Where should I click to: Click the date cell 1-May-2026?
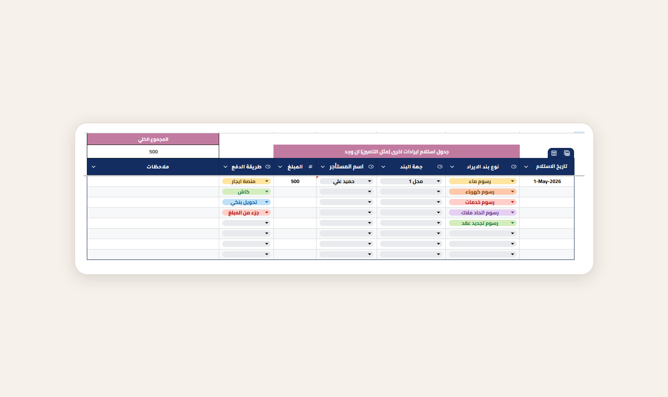[547, 181]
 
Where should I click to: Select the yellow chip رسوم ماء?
[483, 181]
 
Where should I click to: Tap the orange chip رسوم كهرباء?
[483, 192]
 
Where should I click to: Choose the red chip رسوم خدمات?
[483, 202]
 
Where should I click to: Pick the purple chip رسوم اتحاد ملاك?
[483, 213]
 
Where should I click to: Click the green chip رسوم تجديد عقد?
[483, 223]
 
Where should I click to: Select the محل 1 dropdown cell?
[411, 181]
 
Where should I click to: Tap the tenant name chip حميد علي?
[346, 181]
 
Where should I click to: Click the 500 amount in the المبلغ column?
[295, 181]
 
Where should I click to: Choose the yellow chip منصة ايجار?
[246, 181]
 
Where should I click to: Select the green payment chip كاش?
[246, 192]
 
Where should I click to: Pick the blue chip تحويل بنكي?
[246, 202]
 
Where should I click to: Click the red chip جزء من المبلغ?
[246, 213]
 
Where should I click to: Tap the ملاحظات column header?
[158, 167]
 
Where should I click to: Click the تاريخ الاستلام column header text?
[552, 166]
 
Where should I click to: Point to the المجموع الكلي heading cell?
[153, 139]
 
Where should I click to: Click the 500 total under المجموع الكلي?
[153, 152]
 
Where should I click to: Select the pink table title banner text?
[397, 152]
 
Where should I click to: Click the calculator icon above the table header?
[567, 153]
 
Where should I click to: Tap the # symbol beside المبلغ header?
[311, 167]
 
